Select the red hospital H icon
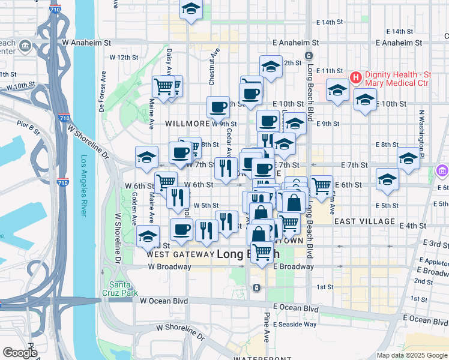tap(355, 77)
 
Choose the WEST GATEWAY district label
tap(180, 254)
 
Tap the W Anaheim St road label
tap(87, 43)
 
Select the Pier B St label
tap(28, 127)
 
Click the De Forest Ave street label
tap(103, 93)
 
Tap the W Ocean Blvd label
tap(164, 301)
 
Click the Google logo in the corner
tap(20, 353)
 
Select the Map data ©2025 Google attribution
tap(412, 355)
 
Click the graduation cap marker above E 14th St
tap(191, 10)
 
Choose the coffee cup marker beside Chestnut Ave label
tap(218, 107)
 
